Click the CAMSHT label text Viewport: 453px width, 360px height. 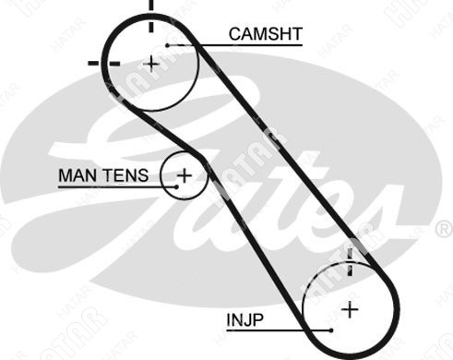pos(266,34)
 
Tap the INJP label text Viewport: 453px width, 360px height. pos(245,320)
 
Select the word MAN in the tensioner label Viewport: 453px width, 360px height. pos(77,175)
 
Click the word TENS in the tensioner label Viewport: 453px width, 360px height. pos(125,175)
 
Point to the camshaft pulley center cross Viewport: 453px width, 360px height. pos(151,65)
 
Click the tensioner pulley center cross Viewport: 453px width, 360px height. pos(185,175)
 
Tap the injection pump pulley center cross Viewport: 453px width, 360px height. pos(350,309)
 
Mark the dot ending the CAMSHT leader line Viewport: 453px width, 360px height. pos(167,45)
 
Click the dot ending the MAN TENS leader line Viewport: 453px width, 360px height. pos(176,186)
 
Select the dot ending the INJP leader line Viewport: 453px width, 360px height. pos(331,330)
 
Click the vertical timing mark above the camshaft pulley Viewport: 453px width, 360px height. pos(151,16)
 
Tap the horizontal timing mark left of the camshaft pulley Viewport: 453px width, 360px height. pos(104,63)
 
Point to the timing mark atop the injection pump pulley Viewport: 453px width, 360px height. pos(350,262)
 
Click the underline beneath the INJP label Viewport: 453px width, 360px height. pos(279,330)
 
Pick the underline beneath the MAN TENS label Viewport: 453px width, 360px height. pos(117,186)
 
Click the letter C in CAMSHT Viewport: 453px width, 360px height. pos(235,34)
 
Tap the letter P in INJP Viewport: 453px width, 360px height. pos(257,320)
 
